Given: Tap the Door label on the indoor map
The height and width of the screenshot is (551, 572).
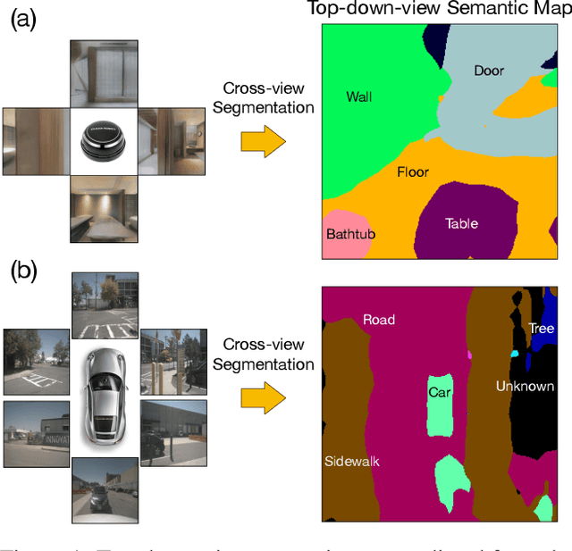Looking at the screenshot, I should [x=489, y=71].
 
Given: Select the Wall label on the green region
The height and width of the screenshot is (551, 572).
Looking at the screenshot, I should [x=358, y=96].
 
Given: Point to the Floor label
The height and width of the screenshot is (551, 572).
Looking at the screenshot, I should [x=413, y=171].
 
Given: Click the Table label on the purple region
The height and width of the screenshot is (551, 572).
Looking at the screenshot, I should [x=461, y=223].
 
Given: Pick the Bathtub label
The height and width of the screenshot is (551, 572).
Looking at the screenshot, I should [x=350, y=234].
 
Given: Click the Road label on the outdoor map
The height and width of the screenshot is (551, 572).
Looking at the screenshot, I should [x=379, y=319].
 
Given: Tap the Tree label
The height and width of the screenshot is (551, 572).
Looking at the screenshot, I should [x=541, y=329].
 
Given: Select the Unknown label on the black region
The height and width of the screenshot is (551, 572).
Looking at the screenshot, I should [x=526, y=386].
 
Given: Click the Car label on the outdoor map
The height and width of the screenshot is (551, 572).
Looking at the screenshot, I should [x=440, y=391].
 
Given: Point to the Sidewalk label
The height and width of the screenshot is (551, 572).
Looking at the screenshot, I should [x=352, y=461].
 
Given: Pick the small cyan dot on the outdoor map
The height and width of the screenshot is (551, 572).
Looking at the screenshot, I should [x=514, y=354].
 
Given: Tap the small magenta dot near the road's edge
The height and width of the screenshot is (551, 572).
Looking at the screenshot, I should [x=468, y=355].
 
